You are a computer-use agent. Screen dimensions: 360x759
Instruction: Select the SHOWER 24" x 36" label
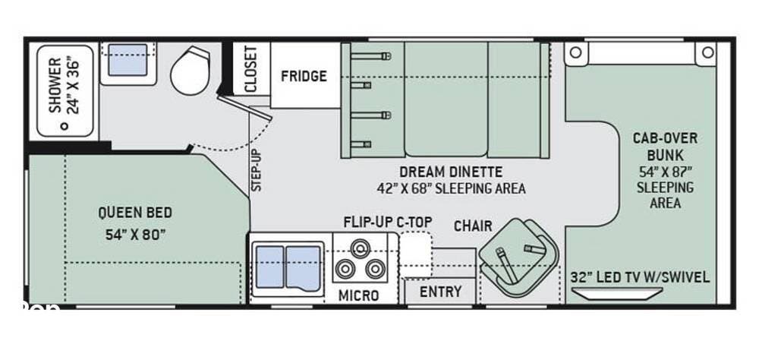tap(65, 85)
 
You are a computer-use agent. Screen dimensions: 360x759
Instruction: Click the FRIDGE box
tap(304, 76)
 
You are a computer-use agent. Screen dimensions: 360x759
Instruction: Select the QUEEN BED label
tap(135, 213)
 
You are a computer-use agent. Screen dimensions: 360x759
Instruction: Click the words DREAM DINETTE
tap(452, 172)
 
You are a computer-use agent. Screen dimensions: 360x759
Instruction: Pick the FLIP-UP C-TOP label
tap(387, 223)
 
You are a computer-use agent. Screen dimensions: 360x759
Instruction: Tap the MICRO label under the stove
tap(359, 295)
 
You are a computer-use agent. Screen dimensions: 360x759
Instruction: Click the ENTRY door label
tap(441, 292)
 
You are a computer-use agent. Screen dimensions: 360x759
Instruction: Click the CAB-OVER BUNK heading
tap(665, 147)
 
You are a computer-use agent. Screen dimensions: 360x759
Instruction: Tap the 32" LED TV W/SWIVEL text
tap(640, 277)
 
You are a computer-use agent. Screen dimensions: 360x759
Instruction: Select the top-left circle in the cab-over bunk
tap(575, 52)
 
